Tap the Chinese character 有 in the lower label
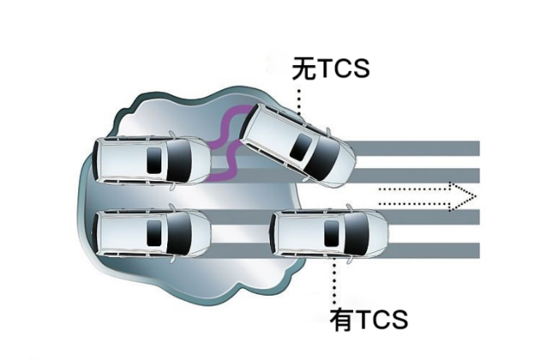tap(342, 320)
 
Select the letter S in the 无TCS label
tap(359, 69)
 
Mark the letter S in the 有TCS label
tap(397, 320)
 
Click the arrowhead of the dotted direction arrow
tap(463, 196)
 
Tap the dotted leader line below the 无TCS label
tap(299, 102)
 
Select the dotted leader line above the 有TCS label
tap(334, 280)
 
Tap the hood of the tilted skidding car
tap(341, 166)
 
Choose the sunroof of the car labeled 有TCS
tap(331, 234)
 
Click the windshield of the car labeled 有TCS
tap(357, 234)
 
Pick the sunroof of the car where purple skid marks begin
tap(154, 160)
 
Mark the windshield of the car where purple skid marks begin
tap(178, 160)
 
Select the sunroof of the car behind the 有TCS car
tap(154, 233)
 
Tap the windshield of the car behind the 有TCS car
tap(178, 233)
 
